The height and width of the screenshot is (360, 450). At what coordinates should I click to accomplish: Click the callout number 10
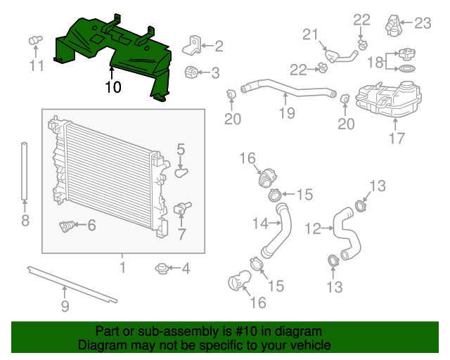pyautogui.click(x=112, y=87)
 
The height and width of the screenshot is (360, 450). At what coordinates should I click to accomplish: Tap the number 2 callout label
pyautogui.click(x=219, y=46)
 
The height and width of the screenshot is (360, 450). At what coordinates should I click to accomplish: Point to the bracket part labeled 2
pyautogui.click(x=190, y=45)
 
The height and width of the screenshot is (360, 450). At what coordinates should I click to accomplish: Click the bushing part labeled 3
pyautogui.click(x=190, y=72)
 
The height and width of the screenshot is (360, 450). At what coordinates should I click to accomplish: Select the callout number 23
pyautogui.click(x=422, y=23)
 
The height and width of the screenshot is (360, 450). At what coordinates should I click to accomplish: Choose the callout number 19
pyautogui.click(x=286, y=112)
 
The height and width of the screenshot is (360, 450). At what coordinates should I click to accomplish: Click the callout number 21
pyautogui.click(x=310, y=34)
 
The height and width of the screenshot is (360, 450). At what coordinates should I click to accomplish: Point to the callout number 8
pyautogui.click(x=25, y=221)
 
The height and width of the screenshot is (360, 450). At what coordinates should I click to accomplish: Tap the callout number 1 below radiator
pyautogui.click(x=122, y=267)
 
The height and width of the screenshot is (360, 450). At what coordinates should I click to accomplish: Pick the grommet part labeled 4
pyautogui.click(x=162, y=268)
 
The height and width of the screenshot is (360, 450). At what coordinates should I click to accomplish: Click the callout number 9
pyautogui.click(x=65, y=306)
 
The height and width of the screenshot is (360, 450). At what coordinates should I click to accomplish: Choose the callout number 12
pyautogui.click(x=312, y=228)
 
